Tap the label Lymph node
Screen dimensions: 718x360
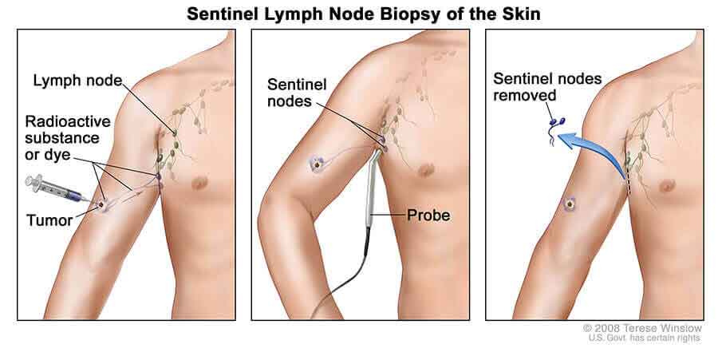tap(77, 81)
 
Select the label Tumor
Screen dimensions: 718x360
tap(49, 220)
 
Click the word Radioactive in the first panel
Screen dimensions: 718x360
tap(68, 121)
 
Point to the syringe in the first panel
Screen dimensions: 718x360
tap(55, 189)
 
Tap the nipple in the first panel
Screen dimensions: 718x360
tap(199, 184)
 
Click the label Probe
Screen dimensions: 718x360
tap(428, 215)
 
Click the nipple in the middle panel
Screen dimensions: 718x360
tap(426, 170)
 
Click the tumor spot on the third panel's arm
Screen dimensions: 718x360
tap(570, 204)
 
